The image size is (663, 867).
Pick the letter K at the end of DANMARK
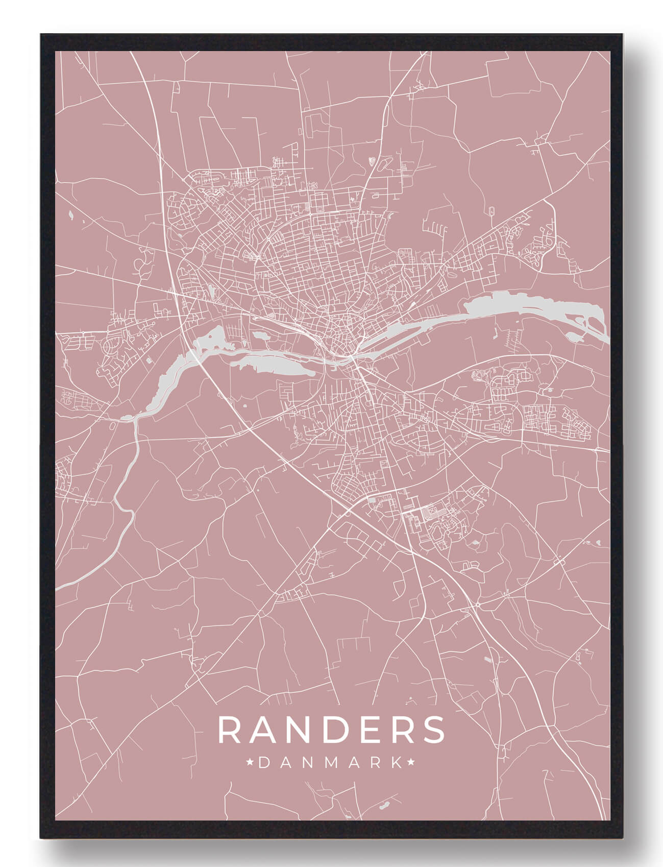pos(396,763)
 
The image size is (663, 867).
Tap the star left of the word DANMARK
pos(250,763)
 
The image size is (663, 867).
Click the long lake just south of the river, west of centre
pos(271,364)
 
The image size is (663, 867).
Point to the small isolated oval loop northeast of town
pos(492,211)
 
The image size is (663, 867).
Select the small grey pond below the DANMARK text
pos(381,806)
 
